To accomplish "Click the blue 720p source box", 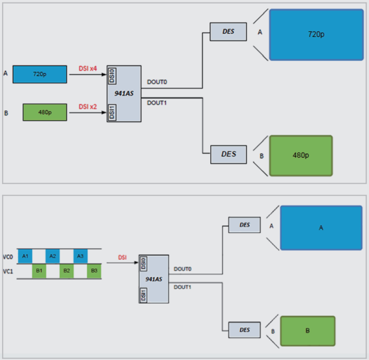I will click(40, 74).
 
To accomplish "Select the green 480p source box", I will click(45, 112).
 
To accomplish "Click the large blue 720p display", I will click(316, 35).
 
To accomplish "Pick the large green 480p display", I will click(301, 155).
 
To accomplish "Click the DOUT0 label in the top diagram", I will click(157, 81).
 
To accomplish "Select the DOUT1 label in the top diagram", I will click(157, 103).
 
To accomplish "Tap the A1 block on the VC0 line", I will click(25, 256).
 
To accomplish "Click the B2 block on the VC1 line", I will click(67, 271).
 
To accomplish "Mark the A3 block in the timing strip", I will click(80, 256).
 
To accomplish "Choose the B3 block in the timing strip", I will click(95, 271).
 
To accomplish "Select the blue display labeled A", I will click(321, 228).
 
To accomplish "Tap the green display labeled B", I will click(307, 331).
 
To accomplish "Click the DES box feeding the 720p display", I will click(229, 32).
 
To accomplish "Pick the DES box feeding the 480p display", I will click(229, 154).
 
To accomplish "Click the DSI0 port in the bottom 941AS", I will click(144, 263).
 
